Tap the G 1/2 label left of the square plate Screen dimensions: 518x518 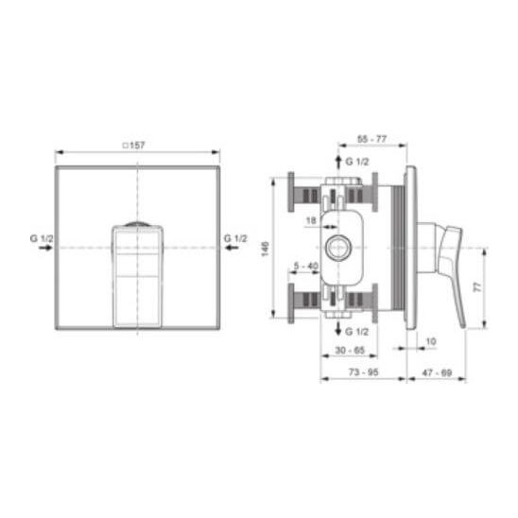[x=42, y=238]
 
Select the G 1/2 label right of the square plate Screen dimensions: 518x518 [x=235, y=238]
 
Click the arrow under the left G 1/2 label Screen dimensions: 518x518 [x=45, y=248]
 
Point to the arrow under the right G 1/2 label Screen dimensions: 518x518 [x=232, y=248]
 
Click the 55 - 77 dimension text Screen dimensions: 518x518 [x=371, y=139]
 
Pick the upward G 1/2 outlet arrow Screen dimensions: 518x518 [x=338, y=163]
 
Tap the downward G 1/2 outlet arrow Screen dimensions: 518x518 [x=338, y=328]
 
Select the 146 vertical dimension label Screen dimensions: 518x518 [x=265, y=249]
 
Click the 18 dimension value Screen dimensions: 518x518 [x=311, y=220]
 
